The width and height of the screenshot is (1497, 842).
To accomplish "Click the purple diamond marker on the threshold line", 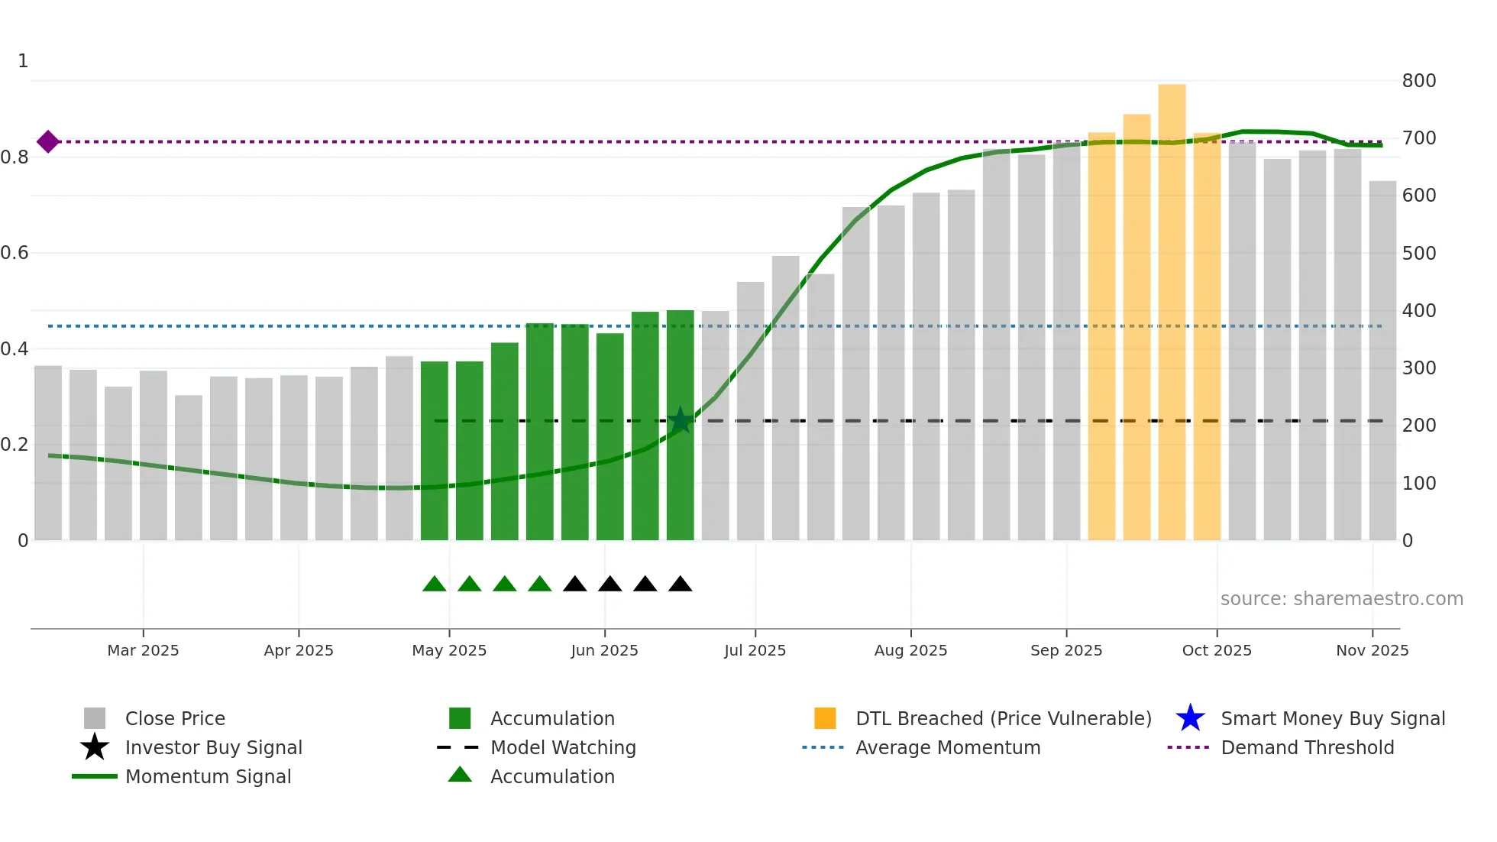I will (48, 141).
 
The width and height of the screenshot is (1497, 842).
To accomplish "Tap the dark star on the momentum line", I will (680, 420).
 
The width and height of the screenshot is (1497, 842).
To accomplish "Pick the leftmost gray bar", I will (48, 452).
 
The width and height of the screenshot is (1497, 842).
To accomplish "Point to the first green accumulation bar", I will (435, 451).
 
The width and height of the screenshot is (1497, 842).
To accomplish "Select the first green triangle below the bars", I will (435, 585).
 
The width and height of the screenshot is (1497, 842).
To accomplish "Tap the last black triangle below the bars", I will (680, 585).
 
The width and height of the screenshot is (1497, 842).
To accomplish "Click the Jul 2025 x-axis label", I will (755, 650).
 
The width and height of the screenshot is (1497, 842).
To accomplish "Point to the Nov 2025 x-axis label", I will (1372, 650).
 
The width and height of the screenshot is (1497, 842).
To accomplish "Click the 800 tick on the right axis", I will (1418, 81).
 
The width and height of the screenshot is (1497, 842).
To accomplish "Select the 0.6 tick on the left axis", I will (15, 253).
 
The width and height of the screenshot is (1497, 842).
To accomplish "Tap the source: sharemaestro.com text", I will (1341, 599).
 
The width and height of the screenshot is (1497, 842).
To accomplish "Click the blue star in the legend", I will (1190, 718).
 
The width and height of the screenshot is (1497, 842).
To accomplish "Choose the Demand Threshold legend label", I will (1307, 747).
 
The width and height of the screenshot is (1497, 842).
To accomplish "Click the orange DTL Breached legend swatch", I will (825, 718).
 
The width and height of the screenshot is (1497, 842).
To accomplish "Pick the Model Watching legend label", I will (563, 747).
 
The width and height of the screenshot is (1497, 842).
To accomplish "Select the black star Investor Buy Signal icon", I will (95, 747).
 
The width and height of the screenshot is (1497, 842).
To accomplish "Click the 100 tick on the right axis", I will (1418, 484).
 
